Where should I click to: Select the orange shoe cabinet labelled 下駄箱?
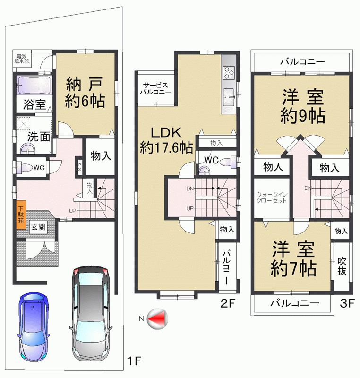(21, 215)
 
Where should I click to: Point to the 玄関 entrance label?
(38, 227)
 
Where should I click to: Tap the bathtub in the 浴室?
(32, 86)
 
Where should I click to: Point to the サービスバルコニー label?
(154, 88)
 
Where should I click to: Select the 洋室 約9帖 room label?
(303, 107)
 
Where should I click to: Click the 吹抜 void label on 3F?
(342, 267)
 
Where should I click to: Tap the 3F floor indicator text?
(347, 304)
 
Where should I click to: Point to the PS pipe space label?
(80, 167)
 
